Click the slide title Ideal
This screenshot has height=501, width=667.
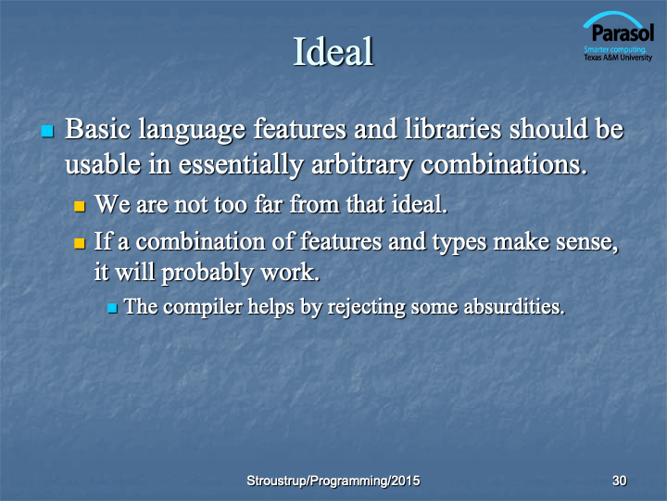point(333,51)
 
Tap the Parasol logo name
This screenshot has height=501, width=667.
point(623,32)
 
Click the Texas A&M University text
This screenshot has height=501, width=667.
point(618,58)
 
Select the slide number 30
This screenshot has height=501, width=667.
point(619,481)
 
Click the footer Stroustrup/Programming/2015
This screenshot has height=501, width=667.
point(333,481)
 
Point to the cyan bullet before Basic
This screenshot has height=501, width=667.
point(47,131)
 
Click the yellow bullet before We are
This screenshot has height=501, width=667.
point(80,206)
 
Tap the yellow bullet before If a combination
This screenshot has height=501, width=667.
point(80,243)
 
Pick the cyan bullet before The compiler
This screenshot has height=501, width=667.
point(112,308)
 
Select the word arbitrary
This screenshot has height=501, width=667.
point(361,166)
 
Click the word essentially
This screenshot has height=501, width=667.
point(241,166)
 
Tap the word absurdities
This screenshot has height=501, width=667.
point(514,307)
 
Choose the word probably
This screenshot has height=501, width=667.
point(208,274)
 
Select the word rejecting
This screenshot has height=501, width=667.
point(367,308)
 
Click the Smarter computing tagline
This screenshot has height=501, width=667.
point(615,49)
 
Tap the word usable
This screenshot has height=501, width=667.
point(103,164)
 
